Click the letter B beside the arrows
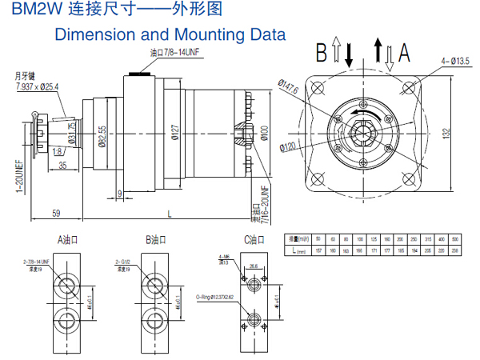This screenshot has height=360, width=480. pyautogui.click(x=322, y=53)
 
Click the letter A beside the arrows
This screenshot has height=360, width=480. pyautogui.click(x=405, y=53)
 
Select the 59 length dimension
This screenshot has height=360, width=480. pyautogui.click(x=57, y=214)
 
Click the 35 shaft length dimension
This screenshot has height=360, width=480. pyautogui.click(x=63, y=166)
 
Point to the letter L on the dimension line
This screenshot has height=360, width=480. pyautogui.click(x=170, y=214)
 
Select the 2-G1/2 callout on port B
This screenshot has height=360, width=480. pyautogui.click(x=127, y=262)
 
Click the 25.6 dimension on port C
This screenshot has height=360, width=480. pyautogui.click(x=253, y=267)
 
